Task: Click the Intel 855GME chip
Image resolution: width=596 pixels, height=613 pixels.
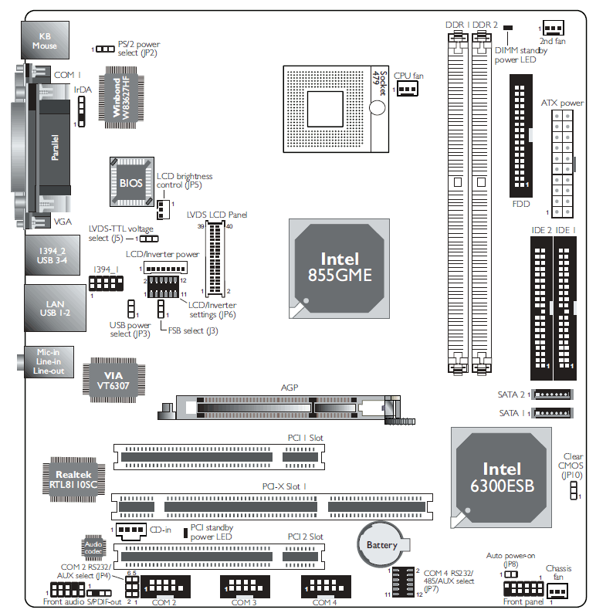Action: point(339,268)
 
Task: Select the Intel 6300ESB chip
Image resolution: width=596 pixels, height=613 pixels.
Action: point(501,477)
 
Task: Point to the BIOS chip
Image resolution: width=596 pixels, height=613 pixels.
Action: point(132,182)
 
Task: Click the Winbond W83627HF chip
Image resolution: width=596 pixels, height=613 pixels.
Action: point(121,97)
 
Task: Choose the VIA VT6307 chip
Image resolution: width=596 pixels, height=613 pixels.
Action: point(113,380)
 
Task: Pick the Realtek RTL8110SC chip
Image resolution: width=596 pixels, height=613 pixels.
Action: point(74,479)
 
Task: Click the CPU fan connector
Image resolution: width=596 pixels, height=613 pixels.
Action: point(407,89)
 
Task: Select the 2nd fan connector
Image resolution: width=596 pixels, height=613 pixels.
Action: point(554,28)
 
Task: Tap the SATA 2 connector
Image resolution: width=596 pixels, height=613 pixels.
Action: point(553,395)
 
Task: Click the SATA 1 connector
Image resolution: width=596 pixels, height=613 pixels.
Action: point(553,413)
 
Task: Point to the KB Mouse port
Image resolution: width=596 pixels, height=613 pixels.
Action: point(45,40)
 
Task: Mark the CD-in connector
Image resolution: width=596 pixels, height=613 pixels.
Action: point(131,530)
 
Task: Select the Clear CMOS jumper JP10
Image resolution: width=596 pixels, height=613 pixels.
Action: point(574,490)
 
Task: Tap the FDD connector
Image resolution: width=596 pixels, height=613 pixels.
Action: point(521,136)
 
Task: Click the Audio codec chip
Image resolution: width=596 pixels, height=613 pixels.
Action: point(93,547)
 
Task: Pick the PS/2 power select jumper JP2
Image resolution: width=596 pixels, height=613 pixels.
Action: point(105,49)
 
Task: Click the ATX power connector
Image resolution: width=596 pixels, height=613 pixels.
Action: point(562,164)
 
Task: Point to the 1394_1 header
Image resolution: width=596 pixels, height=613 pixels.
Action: point(106,283)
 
